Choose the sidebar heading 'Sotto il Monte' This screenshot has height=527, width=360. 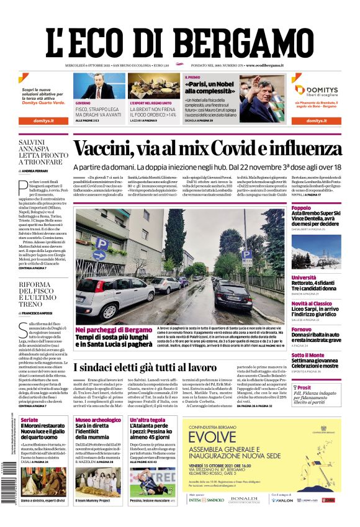(308, 356)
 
